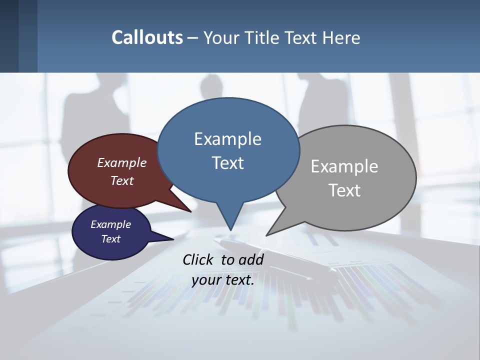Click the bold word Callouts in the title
(x=147, y=37)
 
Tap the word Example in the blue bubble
(x=227, y=139)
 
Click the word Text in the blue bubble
(x=227, y=162)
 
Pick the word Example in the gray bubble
(x=344, y=166)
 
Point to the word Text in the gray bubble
(x=344, y=190)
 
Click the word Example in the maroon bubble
(x=122, y=162)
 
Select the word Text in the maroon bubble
(x=122, y=180)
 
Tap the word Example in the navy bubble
(x=110, y=224)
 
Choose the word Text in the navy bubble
(x=110, y=239)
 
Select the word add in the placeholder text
(x=251, y=259)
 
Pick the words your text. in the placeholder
(x=223, y=280)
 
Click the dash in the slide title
(x=193, y=38)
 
